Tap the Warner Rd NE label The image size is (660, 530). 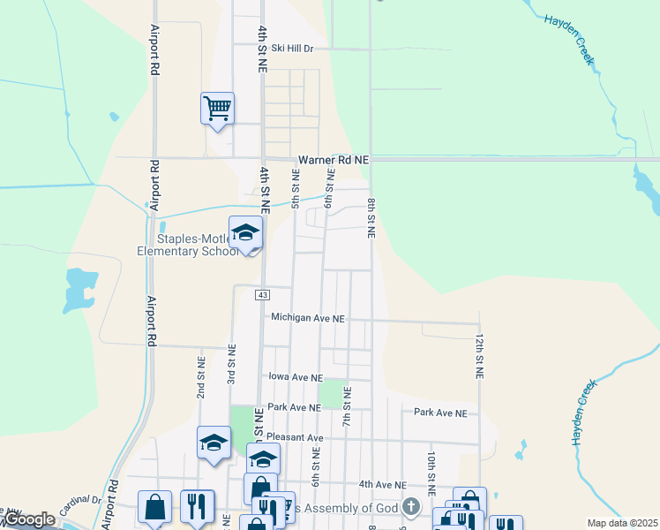point(334,160)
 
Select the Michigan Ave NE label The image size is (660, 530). point(307,317)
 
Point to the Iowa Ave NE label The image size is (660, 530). point(296,376)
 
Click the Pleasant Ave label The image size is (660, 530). point(296,437)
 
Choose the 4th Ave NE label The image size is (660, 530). point(382,485)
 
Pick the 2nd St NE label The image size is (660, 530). point(201,378)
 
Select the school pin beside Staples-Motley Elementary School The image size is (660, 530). point(245,233)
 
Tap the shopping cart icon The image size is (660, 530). point(217,110)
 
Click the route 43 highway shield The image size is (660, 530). point(262,294)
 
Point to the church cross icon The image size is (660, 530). point(410,507)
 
